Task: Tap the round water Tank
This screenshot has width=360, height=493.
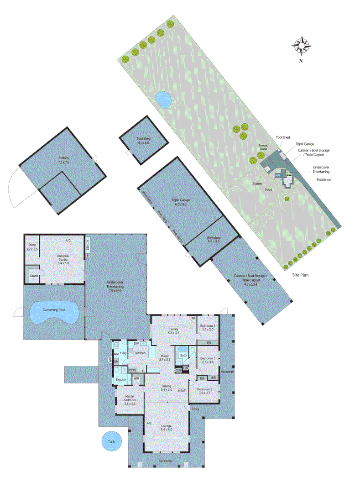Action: pyautogui.click(x=111, y=442)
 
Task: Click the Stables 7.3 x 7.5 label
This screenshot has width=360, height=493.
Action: pyautogui.click(x=60, y=160)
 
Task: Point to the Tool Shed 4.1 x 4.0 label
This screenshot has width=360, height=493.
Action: pyautogui.click(x=143, y=141)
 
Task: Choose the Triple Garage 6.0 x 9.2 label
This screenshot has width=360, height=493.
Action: pyautogui.click(x=181, y=202)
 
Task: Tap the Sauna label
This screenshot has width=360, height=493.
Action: pyautogui.click(x=34, y=276)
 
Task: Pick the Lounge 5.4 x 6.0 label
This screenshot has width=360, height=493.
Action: pyautogui.click(x=166, y=427)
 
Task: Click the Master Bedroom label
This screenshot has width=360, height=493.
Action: pyautogui.click(x=130, y=400)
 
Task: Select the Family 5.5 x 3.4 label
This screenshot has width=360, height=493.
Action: pyautogui.click(x=173, y=331)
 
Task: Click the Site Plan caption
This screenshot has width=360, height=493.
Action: pyautogui.click(x=302, y=276)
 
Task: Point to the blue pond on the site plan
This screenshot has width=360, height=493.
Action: pyautogui.click(x=162, y=99)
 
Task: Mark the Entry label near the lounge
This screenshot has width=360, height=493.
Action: pyautogui.click(x=196, y=409)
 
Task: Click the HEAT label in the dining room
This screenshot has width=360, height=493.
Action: pyautogui.click(x=181, y=391)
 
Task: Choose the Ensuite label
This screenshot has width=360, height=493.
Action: pyautogui.click(x=121, y=379)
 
